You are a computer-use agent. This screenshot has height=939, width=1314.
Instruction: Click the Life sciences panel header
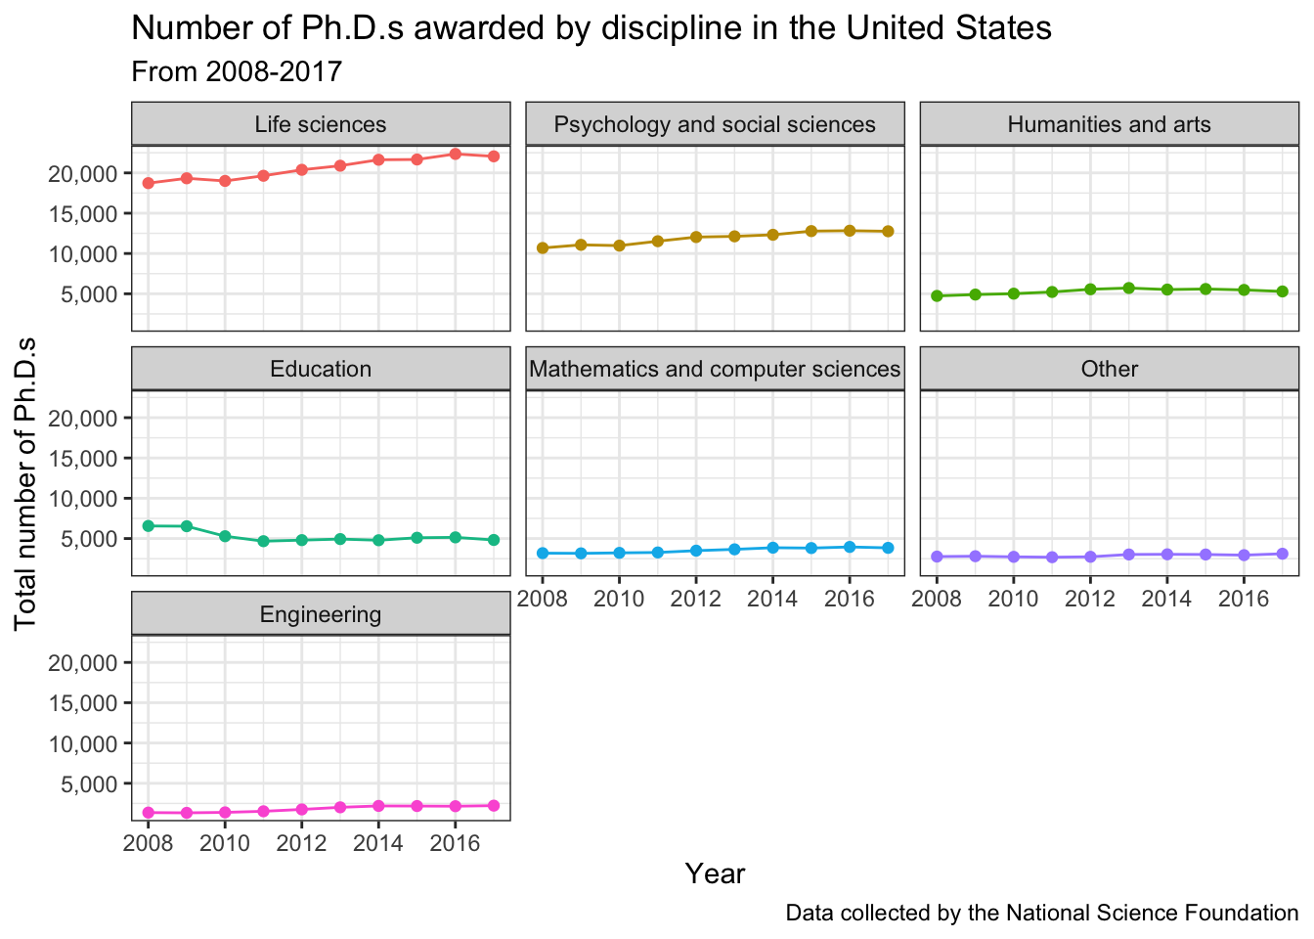(x=321, y=124)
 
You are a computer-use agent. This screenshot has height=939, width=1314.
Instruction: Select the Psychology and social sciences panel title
(x=715, y=124)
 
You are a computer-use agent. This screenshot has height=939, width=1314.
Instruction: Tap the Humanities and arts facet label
(x=1109, y=124)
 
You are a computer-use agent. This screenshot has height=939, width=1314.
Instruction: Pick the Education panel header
(x=321, y=369)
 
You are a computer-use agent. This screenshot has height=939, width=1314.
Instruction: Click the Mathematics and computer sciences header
(x=715, y=369)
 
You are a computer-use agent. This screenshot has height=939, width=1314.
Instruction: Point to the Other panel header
(x=1109, y=369)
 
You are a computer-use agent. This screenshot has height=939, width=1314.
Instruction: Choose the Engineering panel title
(x=321, y=614)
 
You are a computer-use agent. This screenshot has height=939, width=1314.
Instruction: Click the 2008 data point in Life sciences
(x=149, y=183)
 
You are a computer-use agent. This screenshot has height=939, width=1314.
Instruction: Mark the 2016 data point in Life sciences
(x=456, y=154)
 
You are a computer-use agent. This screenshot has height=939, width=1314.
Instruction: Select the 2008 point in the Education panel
(x=149, y=526)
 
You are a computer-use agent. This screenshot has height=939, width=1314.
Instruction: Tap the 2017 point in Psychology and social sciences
(x=888, y=231)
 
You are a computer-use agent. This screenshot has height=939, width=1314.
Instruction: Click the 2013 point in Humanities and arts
(x=1128, y=288)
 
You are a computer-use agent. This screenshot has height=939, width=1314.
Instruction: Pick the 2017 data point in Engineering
(x=494, y=805)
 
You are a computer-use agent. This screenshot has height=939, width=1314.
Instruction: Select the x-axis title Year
(x=715, y=873)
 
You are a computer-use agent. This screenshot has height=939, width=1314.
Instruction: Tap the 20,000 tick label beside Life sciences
(x=82, y=174)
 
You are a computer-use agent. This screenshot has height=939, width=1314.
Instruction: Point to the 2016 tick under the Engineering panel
(x=455, y=843)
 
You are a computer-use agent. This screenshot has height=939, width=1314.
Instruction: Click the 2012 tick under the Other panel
(x=1089, y=599)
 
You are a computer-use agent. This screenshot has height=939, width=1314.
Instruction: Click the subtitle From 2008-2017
(x=236, y=71)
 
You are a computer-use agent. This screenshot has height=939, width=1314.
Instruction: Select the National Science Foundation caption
(x=1041, y=914)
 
